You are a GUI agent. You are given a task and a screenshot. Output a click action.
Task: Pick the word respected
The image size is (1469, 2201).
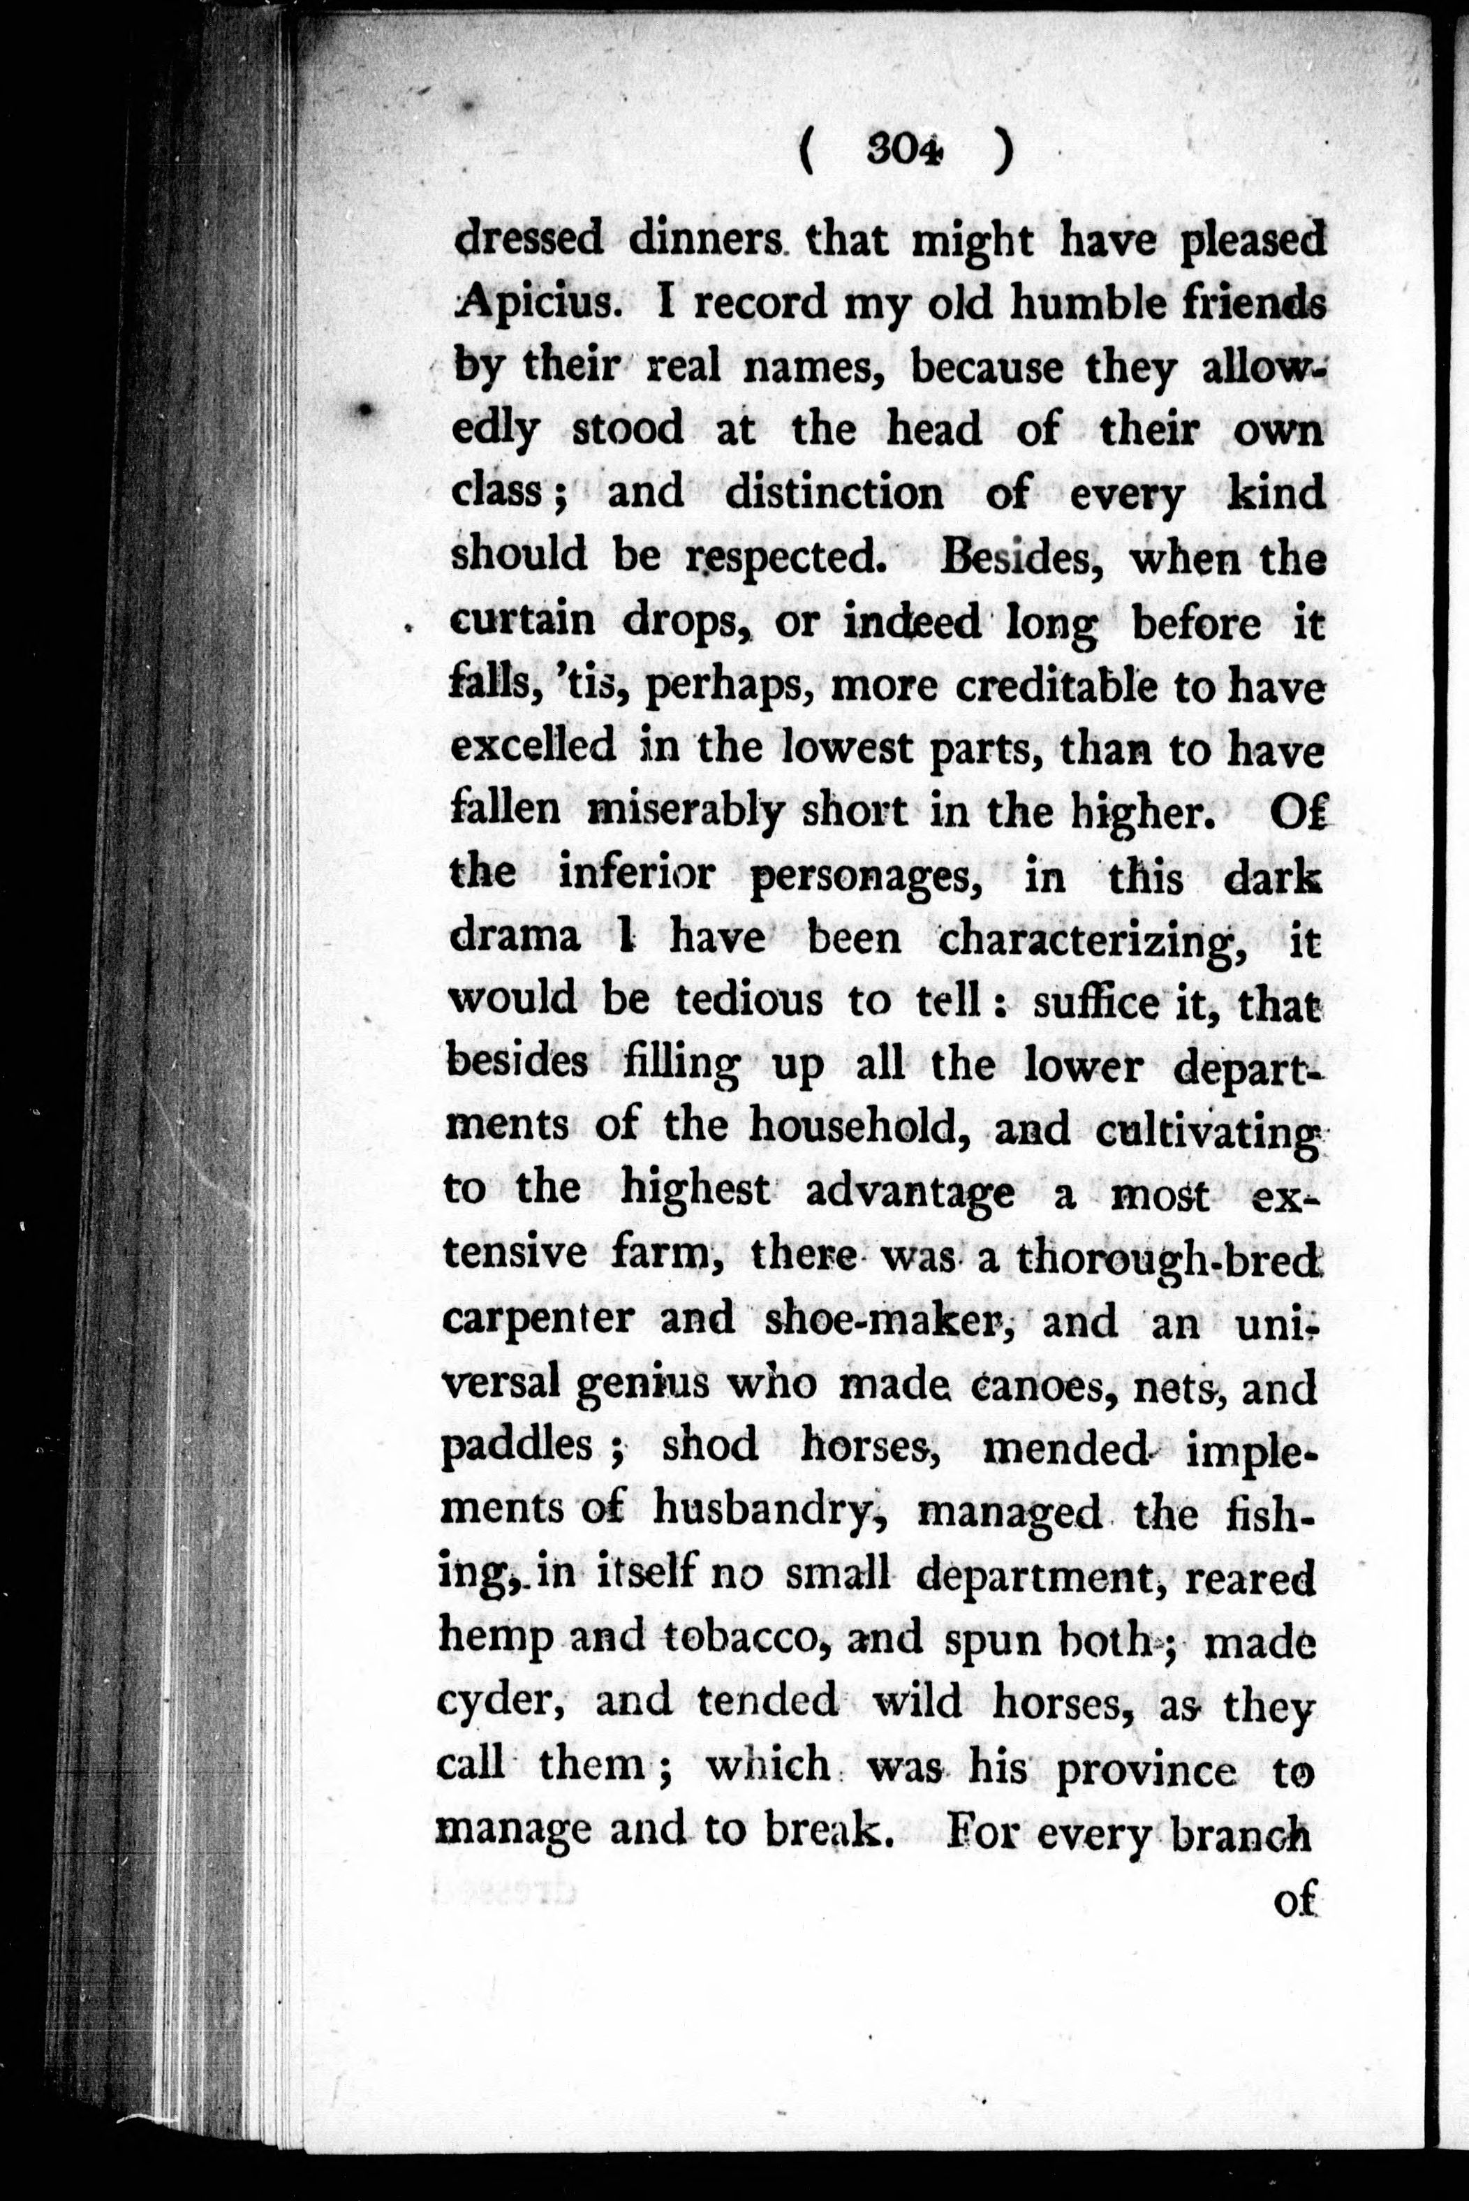(786, 557)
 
